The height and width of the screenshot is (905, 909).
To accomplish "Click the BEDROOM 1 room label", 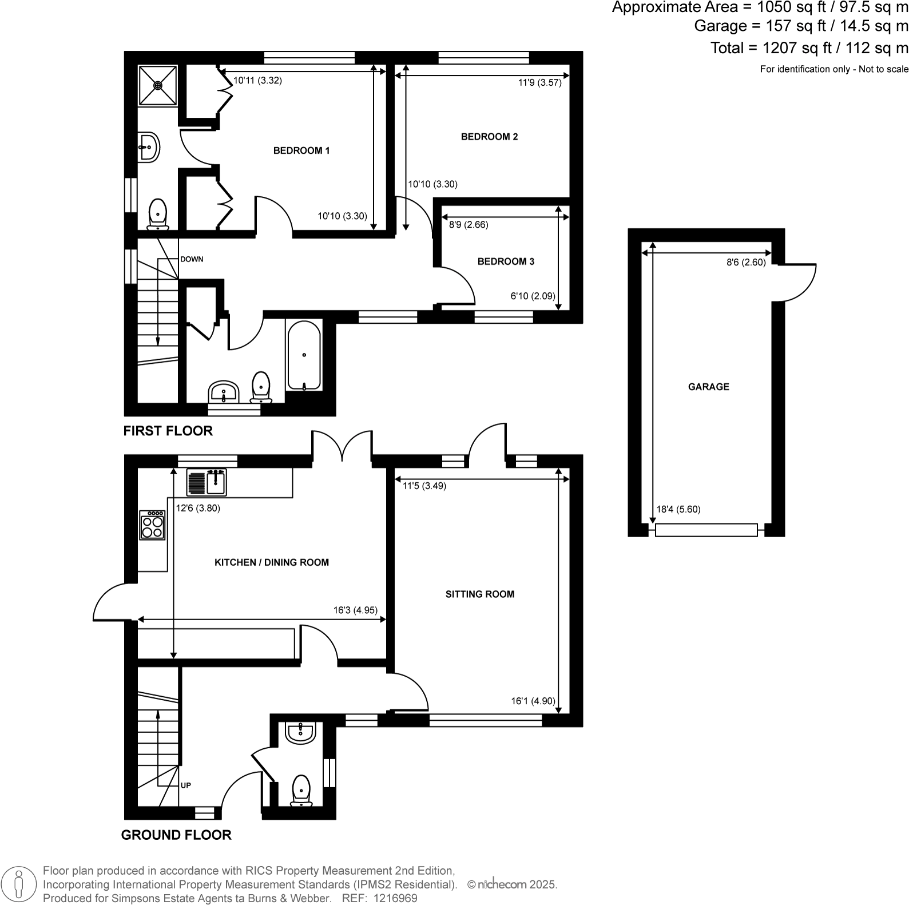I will [x=301, y=150].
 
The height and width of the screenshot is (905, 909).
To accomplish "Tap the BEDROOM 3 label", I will [x=506, y=261].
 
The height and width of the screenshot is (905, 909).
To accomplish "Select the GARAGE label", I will [x=708, y=387].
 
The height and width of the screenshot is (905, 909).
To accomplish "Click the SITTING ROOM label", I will [x=479, y=594].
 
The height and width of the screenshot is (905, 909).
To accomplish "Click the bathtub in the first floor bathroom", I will [x=304, y=356].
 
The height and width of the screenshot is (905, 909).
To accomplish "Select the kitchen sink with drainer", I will [x=207, y=482].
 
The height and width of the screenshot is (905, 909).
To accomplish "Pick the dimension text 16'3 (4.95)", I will [x=355, y=610].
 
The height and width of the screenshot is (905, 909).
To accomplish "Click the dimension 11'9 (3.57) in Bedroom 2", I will [x=539, y=82].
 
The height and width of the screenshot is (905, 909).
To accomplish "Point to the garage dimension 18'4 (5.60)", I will [x=678, y=509].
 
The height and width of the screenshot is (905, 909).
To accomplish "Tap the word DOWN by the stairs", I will [x=192, y=259].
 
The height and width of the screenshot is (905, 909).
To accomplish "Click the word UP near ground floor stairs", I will [x=186, y=785].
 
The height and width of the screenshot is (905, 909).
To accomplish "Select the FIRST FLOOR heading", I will [x=168, y=431].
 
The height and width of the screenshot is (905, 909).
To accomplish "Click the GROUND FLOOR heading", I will [x=176, y=835].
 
